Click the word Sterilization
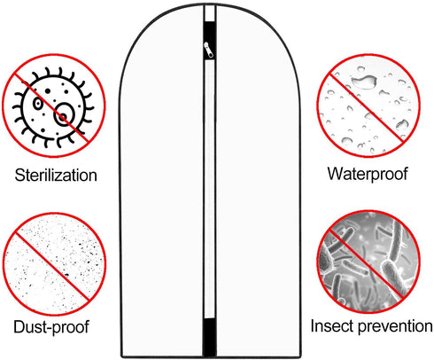click(x=56, y=175)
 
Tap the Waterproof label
click(x=368, y=174)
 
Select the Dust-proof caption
click(x=51, y=327)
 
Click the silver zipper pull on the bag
click(x=208, y=50)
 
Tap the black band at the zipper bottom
click(x=210, y=337)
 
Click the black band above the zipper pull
click(x=210, y=33)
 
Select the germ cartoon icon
click(x=54, y=106)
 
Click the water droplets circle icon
click(x=368, y=106)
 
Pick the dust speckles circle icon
click(x=54, y=264)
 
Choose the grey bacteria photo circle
click(x=368, y=262)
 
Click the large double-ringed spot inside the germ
click(x=64, y=114)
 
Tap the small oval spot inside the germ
click(x=38, y=104)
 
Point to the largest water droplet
click(x=364, y=82)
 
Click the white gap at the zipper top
click(x=210, y=13)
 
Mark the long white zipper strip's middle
click(x=209, y=189)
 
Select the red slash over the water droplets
click(x=367, y=107)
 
